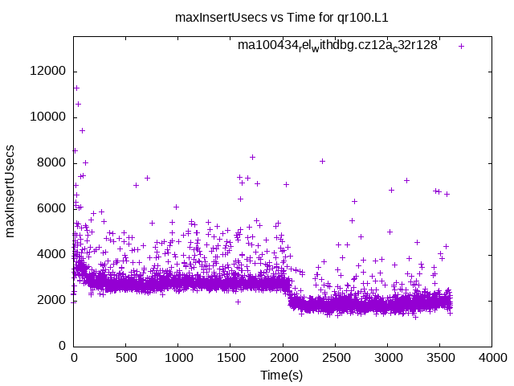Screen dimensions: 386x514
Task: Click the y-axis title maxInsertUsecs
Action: tap(11, 191)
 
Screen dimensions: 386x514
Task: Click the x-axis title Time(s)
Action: tap(281, 376)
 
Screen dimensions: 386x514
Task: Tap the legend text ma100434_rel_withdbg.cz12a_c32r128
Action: tap(337, 46)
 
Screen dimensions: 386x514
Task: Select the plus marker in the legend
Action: tap(461, 46)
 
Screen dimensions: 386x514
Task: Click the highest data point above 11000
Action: tap(76, 88)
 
